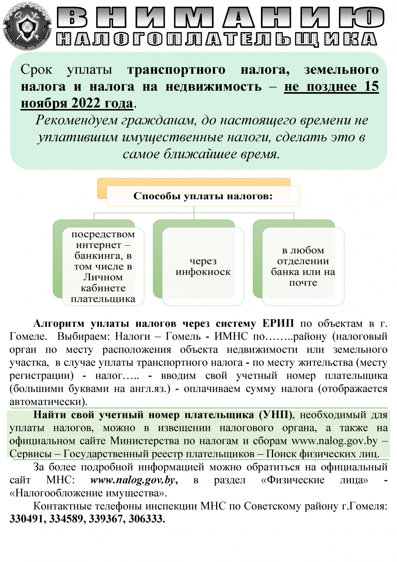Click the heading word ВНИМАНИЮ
coord(221,18)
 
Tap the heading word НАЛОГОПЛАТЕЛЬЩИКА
coord(216,39)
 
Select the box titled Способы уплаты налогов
coord(203,196)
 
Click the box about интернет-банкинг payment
coord(103,266)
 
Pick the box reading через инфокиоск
coord(203,266)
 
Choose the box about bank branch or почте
coord(303,266)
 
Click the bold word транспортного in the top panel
coord(176,70)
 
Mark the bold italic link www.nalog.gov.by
coord(133,480)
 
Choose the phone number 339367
coord(106,519)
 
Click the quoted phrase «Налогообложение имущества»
coord(88,493)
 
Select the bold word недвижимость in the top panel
coord(213,87)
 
